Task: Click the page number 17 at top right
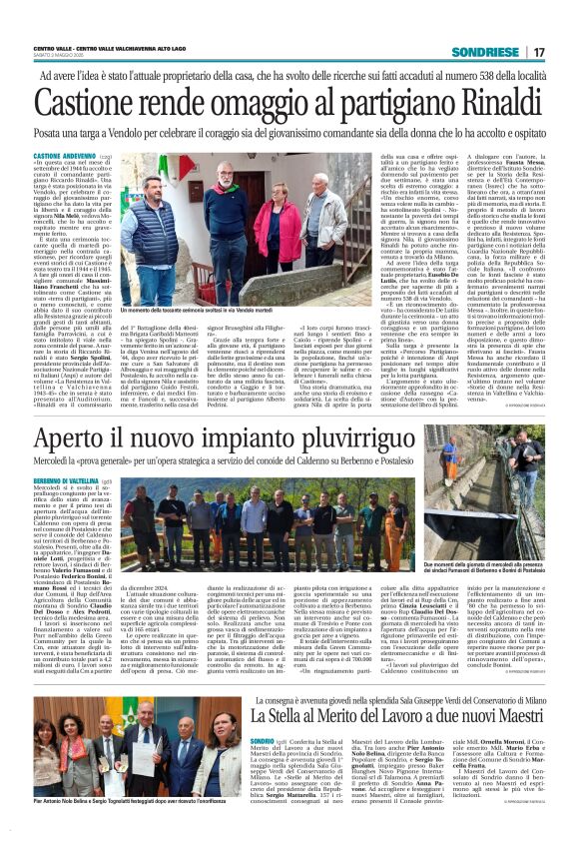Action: [x=537, y=51]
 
